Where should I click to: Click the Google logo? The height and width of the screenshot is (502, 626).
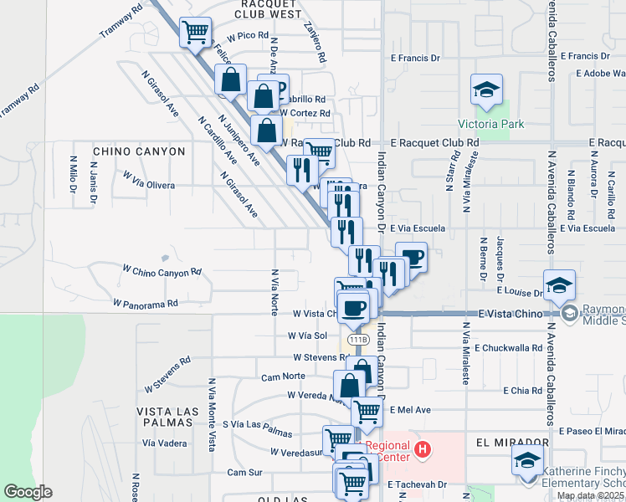[28, 492]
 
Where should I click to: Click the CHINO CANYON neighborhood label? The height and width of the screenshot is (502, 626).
[139, 151]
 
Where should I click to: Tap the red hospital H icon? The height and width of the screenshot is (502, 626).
[423, 451]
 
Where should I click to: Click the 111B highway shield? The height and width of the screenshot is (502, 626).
[358, 339]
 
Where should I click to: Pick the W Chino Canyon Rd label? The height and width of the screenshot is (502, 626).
[162, 271]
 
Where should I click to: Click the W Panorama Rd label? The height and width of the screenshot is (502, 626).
[146, 303]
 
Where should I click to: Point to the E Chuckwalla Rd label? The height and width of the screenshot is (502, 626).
[508, 347]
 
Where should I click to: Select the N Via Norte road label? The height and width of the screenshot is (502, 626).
[274, 292]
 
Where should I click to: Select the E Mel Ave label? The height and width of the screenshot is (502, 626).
[410, 410]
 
